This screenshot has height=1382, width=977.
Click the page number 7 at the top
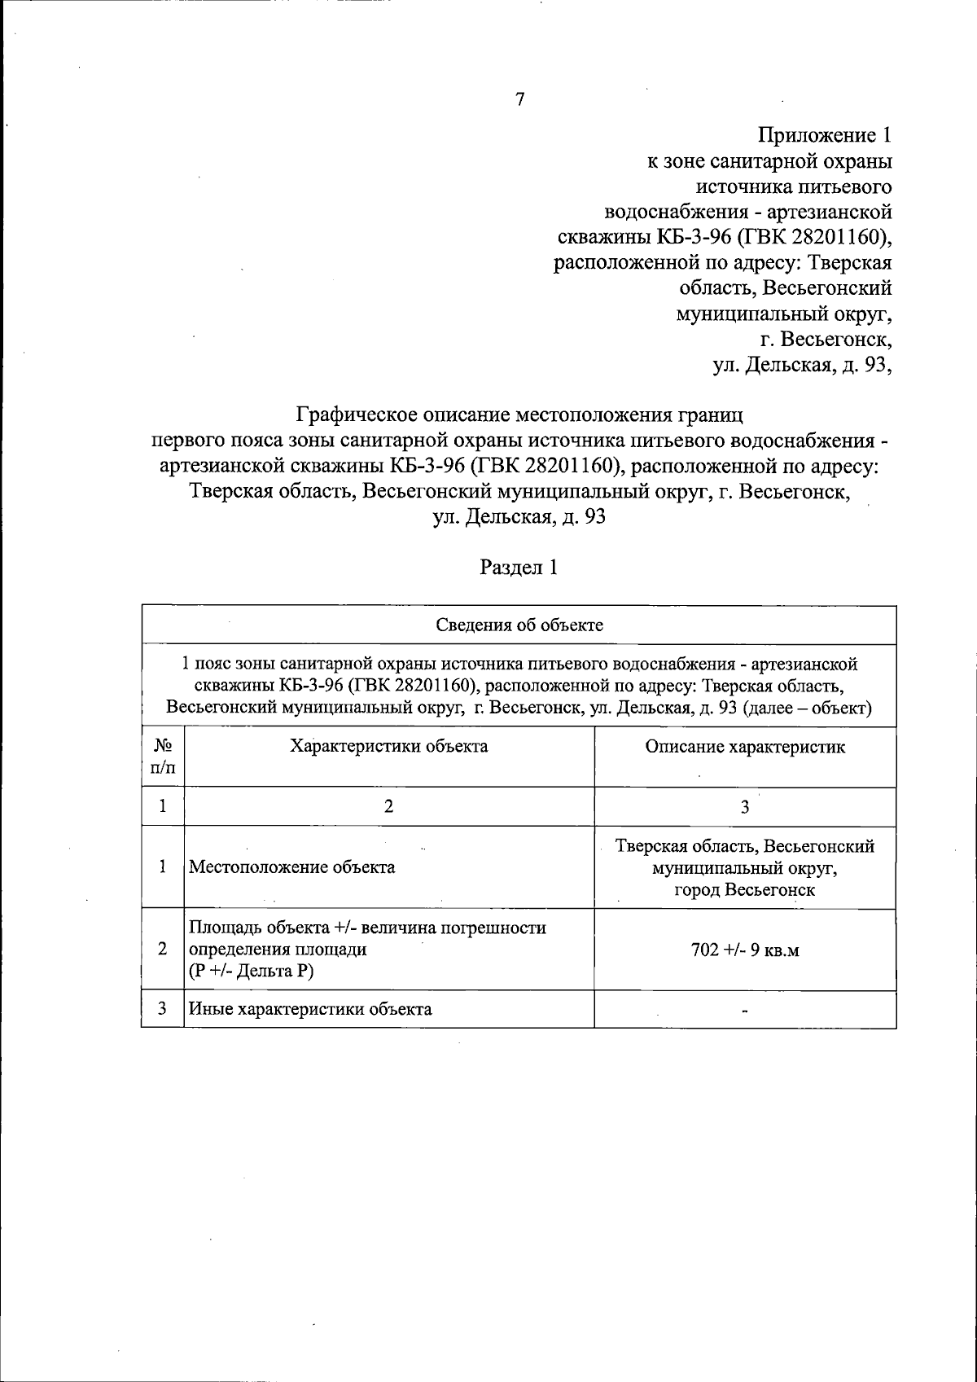click(520, 100)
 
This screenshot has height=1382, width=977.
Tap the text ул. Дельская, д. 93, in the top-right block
click(803, 366)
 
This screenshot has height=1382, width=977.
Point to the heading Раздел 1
click(519, 568)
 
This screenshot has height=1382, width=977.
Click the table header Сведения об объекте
click(519, 625)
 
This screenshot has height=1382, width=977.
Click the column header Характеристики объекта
click(389, 746)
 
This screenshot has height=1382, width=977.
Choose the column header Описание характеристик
click(745, 747)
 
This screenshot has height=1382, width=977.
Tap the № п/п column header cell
click(163, 756)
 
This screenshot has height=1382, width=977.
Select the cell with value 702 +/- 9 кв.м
click(745, 950)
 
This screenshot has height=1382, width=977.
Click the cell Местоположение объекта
click(292, 867)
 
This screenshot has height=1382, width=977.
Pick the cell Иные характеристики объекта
click(310, 1009)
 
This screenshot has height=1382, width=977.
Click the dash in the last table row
click(745, 1011)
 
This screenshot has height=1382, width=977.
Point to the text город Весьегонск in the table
click(745, 890)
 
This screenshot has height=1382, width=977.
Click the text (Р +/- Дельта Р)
click(252, 972)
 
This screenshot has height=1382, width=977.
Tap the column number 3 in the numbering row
click(745, 807)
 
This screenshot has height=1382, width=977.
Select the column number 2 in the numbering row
click(389, 807)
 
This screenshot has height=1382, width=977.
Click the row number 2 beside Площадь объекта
click(163, 950)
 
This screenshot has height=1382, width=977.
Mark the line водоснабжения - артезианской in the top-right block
click(748, 212)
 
